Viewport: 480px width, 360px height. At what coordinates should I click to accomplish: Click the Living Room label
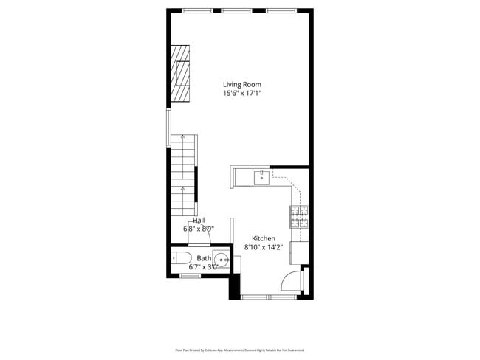(241, 85)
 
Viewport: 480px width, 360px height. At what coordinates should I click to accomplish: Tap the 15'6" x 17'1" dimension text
(241, 94)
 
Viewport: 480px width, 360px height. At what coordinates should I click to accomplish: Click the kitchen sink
(261, 176)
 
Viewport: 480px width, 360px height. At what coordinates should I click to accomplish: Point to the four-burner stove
(298, 215)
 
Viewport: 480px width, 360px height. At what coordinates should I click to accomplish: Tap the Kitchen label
(264, 238)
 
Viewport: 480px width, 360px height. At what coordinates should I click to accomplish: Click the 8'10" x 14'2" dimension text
(264, 248)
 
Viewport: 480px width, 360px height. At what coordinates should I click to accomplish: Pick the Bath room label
(203, 258)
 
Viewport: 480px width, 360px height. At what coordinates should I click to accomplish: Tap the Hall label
(198, 221)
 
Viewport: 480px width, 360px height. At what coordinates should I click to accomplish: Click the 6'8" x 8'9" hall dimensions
(198, 229)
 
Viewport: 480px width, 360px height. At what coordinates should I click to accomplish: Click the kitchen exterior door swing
(292, 280)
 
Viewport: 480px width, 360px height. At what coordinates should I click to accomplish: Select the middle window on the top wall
(236, 10)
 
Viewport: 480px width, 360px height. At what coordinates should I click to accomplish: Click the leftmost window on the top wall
(195, 10)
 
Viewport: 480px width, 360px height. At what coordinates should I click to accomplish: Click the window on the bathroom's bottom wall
(191, 276)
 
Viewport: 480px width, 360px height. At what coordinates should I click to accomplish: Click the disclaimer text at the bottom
(239, 350)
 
